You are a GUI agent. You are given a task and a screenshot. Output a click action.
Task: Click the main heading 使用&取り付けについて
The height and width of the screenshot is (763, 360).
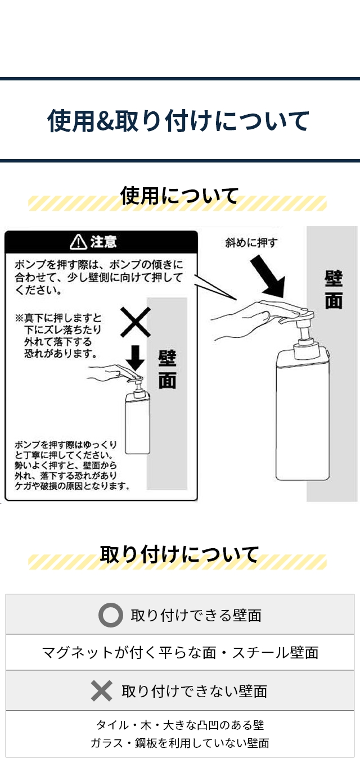point(179,121)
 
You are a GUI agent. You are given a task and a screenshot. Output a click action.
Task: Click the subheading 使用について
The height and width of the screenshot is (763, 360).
point(179,196)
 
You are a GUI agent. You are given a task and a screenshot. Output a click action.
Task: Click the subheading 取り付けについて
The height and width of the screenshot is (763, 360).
point(179,554)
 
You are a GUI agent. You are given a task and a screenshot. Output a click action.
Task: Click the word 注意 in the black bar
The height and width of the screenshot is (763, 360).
point(103,242)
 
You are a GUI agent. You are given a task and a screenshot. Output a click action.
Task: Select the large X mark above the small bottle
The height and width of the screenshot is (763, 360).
point(135,322)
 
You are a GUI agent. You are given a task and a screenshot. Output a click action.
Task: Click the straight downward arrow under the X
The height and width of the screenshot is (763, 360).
point(135,356)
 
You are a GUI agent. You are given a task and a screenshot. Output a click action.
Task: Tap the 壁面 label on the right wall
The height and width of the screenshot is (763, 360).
point(334,290)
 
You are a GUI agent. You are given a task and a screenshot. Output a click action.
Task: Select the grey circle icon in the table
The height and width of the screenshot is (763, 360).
point(110,615)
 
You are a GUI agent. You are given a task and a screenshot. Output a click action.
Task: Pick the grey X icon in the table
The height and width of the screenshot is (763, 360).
point(102,691)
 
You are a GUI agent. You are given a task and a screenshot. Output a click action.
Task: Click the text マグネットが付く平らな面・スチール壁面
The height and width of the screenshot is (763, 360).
point(180,652)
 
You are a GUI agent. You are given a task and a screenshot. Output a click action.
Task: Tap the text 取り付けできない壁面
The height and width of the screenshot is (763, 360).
point(195,691)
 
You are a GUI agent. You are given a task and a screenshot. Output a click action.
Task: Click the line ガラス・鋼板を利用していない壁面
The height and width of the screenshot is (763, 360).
point(180,743)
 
